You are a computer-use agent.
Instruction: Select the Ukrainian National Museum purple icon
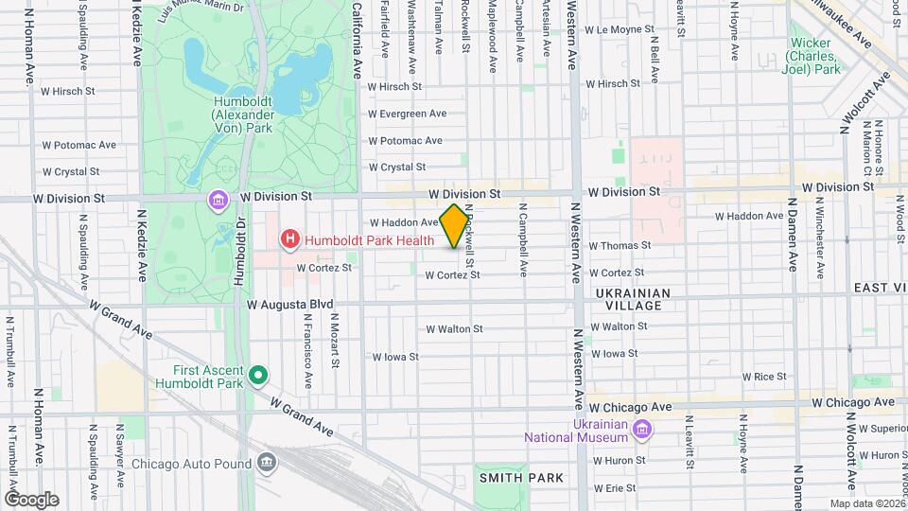pyautogui.click(x=641, y=431)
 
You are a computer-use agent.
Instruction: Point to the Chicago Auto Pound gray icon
pyautogui.click(x=267, y=463)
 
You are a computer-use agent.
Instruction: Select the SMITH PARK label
pyautogui.click(x=521, y=478)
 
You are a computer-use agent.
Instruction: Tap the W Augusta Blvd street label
pyautogui.click(x=290, y=305)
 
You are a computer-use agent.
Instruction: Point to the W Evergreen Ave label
pyautogui.click(x=407, y=114)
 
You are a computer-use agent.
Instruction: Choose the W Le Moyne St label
pyautogui.click(x=620, y=29)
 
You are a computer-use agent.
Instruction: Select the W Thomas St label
pyautogui.click(x=620, y=245)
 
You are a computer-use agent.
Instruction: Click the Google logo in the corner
pyautogui.click(x=31, y=499)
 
